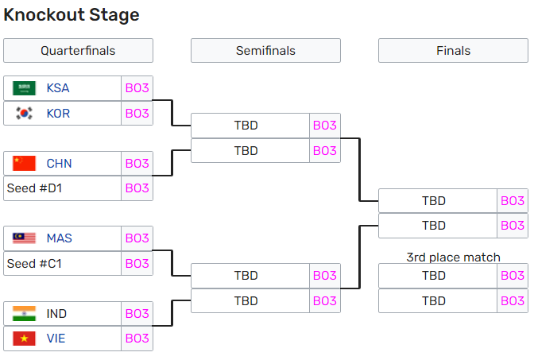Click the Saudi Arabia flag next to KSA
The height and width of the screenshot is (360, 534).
[x=24, y=88]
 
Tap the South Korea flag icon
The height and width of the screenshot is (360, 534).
[x=24, y=113]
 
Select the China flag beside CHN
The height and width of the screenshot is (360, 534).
[x=24, y=164]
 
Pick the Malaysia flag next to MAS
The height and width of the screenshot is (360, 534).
[x=24, y=238]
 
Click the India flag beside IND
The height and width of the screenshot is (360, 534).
[x=24, y=314]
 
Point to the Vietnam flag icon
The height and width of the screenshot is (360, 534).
[x=24, y=339]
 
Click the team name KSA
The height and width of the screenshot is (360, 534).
[x=58, y=88]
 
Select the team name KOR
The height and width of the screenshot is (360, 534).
[x=58, y=114]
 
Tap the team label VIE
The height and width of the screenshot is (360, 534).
[x=56, y=339]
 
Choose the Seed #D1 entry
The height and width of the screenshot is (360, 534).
[x=34, y=188]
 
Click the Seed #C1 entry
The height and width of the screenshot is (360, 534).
[x=34, y=264]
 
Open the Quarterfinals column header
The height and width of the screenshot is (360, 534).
[x=78, y=50]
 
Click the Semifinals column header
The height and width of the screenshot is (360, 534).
[x=265, y=50]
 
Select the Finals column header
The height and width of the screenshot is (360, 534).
[x=453, y=50]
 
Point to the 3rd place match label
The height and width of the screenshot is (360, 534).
[x=453, y=257]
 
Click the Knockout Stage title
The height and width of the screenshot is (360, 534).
[x=72, y=14]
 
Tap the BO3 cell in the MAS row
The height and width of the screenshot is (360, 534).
[x=137, y=238]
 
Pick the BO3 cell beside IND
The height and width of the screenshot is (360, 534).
[x=137, y=314]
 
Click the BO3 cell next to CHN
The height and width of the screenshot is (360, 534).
[x=137, y=164]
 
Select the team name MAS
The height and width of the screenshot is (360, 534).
[x=60, y=238]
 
